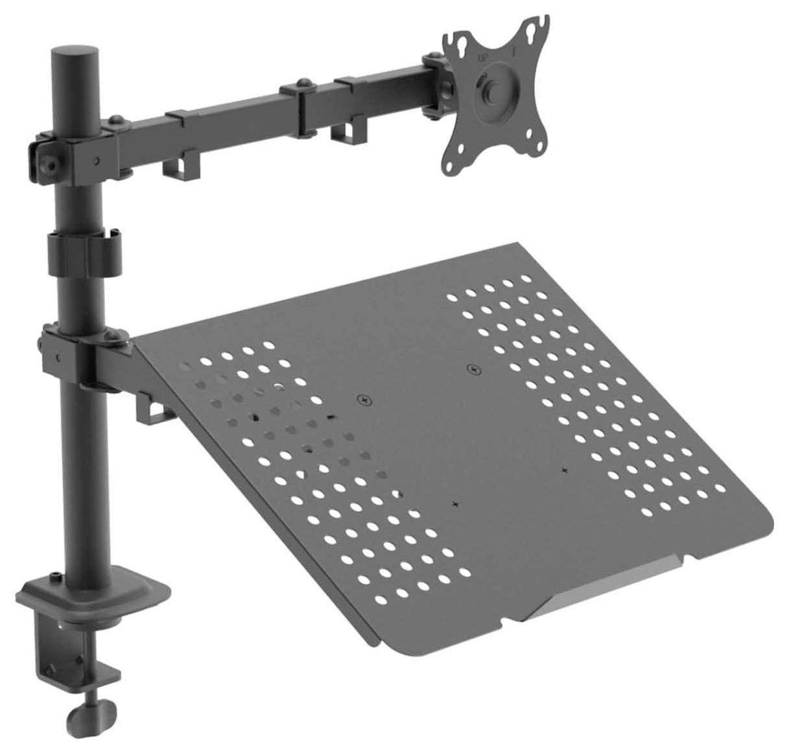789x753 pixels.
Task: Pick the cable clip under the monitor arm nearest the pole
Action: [x=180, y=167]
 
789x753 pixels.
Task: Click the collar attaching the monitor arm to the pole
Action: [x=71, y=153]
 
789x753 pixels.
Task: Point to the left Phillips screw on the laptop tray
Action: [x=366, y=400]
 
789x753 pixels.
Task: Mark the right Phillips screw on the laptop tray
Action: [x=475, y=369]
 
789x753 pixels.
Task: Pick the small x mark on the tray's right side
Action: [x=565, y=469]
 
